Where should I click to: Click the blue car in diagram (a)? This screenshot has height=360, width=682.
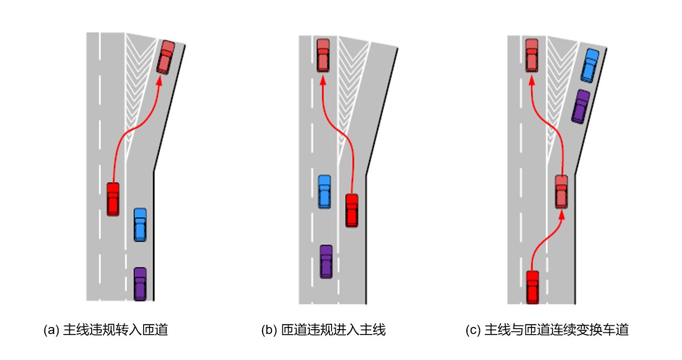point(140,225)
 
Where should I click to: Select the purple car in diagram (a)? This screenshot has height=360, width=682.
point(140,284)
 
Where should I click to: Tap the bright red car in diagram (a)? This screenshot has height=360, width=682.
point(113,199)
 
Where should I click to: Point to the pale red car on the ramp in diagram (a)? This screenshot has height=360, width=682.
point(165,57)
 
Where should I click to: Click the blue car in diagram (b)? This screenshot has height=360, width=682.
point(324,192)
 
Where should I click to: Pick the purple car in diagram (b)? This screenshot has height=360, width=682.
point(326,261)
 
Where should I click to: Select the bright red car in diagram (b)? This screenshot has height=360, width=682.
point(352,210)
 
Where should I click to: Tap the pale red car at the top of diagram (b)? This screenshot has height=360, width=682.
point(323,55)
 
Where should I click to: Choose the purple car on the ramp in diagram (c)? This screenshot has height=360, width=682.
point(581,106)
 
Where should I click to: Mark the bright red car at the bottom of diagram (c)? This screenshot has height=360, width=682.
point(532,287)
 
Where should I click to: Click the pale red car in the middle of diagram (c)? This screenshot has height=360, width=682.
point(561,192)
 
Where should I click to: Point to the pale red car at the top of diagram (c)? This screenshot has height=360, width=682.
point(532,55)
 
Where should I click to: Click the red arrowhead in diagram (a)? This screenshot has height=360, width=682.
point(159,81)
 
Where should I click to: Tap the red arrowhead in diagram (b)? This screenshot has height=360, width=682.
point(323,80)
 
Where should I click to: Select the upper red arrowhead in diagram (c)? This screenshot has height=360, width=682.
point(532,80)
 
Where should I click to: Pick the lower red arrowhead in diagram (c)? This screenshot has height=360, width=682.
point(561,215)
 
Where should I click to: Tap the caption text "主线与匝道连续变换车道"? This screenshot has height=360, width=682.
point(556,330)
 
